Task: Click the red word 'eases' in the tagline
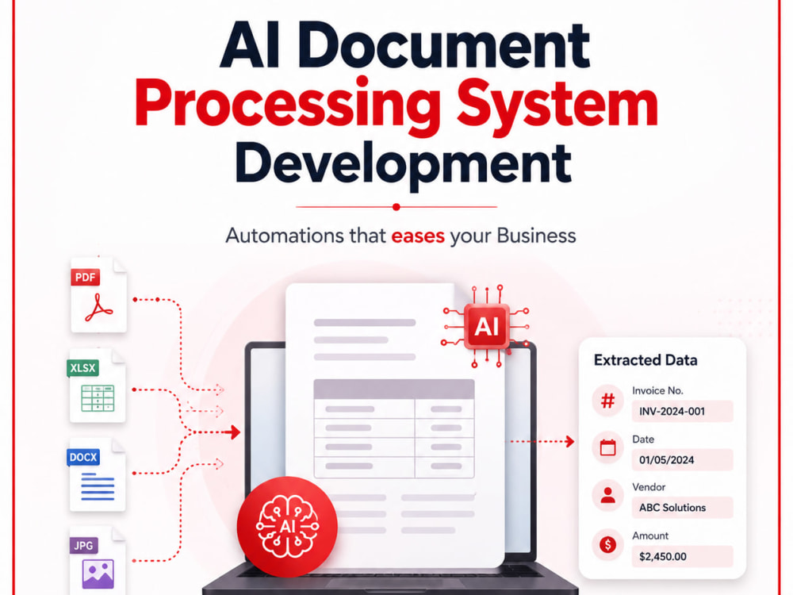[418, 236]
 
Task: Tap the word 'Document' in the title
[443, 45]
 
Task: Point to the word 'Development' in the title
[403, 164]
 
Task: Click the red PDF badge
[85, 277]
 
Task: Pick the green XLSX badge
[82, 368]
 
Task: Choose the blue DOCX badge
[83, 458]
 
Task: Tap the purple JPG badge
[83, 546]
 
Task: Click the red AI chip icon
[487, 326]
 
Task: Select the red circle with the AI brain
[287, 527]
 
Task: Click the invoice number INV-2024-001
[672, 411]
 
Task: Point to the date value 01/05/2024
[666, 460]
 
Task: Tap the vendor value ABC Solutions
[672, 508]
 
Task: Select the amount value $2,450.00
[662, 557]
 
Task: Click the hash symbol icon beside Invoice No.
[607, 401]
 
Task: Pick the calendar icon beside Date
[607, 447]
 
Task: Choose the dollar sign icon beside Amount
[607, 545]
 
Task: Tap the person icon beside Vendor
[607, 496]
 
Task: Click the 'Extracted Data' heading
[646, 359]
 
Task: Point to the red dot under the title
[396, 207]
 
